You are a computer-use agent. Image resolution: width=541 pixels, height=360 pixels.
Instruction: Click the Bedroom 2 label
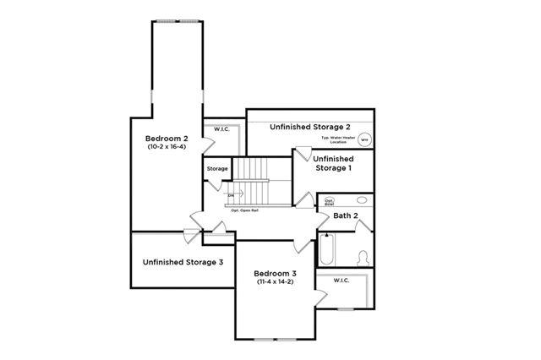click(x=166, y=139)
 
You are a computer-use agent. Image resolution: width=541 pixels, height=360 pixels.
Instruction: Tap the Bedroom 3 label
click(x=276, y=274)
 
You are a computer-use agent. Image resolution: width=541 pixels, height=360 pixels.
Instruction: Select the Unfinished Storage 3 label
click(x=183, y=262)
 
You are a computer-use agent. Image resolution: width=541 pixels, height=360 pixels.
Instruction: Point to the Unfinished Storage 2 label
click(x=309, y=127)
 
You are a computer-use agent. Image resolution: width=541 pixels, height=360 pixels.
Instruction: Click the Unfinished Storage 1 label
click(x=333, y=163)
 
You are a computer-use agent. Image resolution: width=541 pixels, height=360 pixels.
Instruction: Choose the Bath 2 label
click(x=346, y=216)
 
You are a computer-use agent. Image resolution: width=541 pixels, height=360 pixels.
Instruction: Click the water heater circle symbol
click(x=364, y=140)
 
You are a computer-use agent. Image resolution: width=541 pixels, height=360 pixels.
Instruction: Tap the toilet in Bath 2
click(x=363, y=257)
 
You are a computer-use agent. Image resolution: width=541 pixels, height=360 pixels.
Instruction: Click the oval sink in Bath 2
click(x=363, y=200)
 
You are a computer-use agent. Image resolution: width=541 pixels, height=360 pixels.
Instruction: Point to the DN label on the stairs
click(x=230, y=196)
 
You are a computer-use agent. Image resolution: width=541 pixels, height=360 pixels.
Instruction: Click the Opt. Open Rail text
click(x=244, y=210)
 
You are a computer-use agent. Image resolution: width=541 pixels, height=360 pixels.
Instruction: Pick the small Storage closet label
click(x=217, y=169)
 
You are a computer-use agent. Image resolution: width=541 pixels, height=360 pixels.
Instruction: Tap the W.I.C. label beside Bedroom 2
click(x=222, y=129)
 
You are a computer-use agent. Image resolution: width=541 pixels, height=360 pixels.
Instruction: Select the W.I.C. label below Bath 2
click(x=342, y=280)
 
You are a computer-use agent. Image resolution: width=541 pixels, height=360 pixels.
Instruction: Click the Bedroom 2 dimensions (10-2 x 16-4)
click(x=166, y=148)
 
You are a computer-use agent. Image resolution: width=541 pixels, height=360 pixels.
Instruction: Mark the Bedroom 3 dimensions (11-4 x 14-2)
click(x=276, y=282)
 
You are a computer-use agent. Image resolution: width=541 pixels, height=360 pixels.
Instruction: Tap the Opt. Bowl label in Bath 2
click(x=329, y=202)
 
